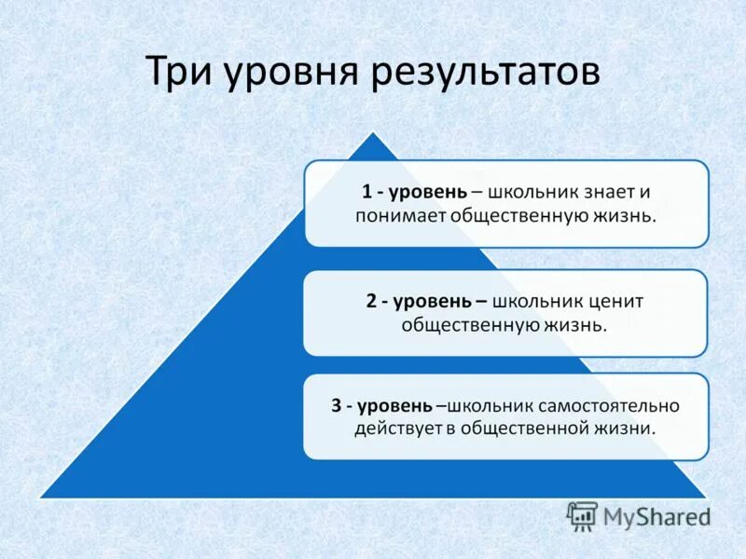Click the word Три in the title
coord(181,73)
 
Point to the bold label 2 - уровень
coord(423,302)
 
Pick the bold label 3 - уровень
coord(381,406)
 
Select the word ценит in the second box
coord(616,302)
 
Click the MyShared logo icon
coord(582,516)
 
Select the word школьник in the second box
coord(538,302)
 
